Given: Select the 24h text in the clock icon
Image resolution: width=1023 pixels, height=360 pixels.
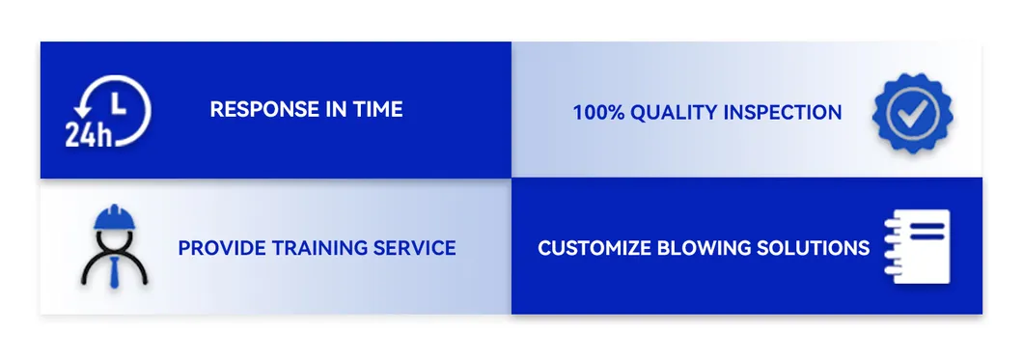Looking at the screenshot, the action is [x=89, y=135].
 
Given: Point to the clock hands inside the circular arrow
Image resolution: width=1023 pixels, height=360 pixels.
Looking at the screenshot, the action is [x=118, y=105].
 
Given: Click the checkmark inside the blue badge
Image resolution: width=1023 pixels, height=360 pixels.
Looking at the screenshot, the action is [x=912, y=115].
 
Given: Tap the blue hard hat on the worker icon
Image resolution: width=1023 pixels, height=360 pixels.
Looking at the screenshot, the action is [x=115, y=218].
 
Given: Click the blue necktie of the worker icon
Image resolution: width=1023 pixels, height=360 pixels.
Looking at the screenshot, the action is [x=115, y=272].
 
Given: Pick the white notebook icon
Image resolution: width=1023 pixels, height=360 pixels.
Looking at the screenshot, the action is [x=917, y=246].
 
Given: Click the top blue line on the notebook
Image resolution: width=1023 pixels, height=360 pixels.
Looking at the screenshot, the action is [x=926, y=226].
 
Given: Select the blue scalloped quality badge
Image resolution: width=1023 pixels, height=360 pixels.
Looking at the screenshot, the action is [x=912, y=114].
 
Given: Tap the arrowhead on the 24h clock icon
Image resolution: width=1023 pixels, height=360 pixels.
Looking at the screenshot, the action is [x=82, y=110].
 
